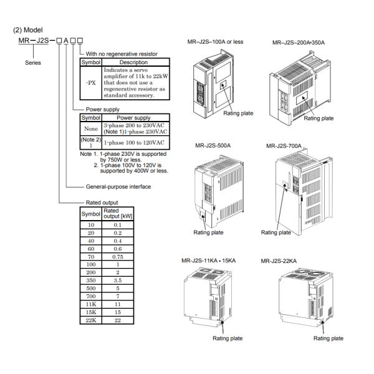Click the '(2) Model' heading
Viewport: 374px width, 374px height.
click(27, 29)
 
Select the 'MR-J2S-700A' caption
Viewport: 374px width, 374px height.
click(284, 146)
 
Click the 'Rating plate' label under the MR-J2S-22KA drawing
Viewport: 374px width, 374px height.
click(328, 338)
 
